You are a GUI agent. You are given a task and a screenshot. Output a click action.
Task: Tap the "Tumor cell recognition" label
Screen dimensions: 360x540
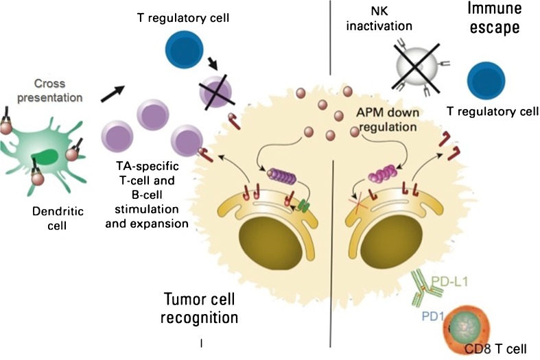[x=200, y=308]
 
